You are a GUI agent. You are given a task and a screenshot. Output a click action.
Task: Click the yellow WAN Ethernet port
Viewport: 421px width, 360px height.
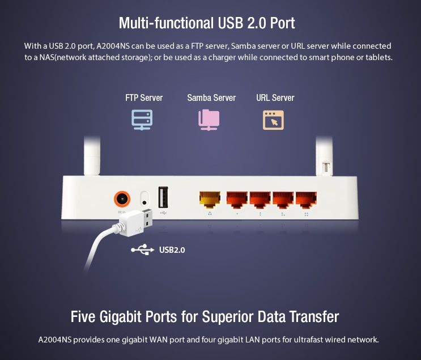point(210,199)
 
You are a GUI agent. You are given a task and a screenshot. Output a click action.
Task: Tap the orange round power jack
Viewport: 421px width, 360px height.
point(122,199)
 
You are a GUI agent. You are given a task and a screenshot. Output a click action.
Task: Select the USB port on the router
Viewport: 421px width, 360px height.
point(164,198)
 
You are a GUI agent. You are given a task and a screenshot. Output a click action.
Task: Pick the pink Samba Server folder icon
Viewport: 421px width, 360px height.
point(209,119)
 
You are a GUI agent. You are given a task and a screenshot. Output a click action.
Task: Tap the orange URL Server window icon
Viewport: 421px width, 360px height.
point(273,120)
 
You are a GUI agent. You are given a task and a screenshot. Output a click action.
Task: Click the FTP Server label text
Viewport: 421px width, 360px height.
point(144,98)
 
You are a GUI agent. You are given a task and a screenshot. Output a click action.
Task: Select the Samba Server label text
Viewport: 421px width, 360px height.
point(211,98)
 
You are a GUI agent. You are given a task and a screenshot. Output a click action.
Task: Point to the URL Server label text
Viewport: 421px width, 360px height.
point(275,98)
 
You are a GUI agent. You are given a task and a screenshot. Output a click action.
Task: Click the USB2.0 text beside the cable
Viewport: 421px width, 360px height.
point(172,249)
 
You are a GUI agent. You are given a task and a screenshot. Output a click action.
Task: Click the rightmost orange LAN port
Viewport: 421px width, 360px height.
point(307,199)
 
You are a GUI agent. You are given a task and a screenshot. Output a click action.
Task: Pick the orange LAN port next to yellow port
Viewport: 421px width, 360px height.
point(237,199)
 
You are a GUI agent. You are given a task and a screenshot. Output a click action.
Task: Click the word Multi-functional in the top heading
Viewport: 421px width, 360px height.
point(157,23)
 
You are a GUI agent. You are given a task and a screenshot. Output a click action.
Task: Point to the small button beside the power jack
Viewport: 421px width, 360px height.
point(144,200)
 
